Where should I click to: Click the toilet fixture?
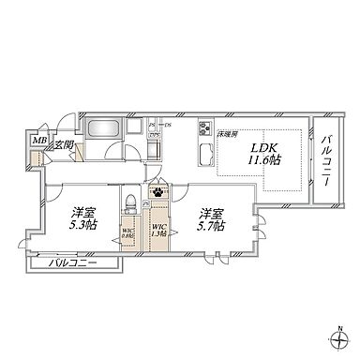coord(131,204)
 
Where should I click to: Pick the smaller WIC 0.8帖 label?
coord(127,234)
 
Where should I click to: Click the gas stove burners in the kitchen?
coord(205,131)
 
